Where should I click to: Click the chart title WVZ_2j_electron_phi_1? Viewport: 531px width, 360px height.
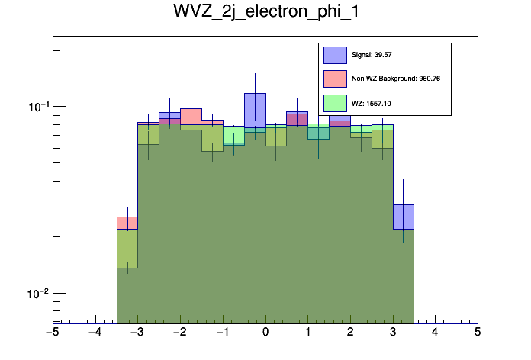pyautogui.click(x=265, y=13)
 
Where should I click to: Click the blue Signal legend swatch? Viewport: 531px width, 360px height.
pyautogui.click(x=335, y=55)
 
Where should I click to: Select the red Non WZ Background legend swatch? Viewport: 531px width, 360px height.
pyautogui.click(x=335, y=79)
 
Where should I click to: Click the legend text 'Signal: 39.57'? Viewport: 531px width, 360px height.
pyautogui.click(x=372, y=55)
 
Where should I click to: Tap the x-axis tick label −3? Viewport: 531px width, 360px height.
pyautogui.click(x=137, y=333)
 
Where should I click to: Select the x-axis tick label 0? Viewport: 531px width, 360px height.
pyautogui.click(x=265, y=333)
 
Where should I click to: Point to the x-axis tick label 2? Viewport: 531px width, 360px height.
pyautogui.click(x=350, y=333)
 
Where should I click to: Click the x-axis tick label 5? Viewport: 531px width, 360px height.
pyautogui.click(x=478, y=333)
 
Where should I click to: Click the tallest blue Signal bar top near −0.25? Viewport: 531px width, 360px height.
pyautogui.click(x=255, y=94)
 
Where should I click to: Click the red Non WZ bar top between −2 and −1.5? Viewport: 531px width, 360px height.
pyautogui.click(x=191, y=109)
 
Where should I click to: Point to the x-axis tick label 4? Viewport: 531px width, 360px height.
pyautogui.click(x=435, y=333)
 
